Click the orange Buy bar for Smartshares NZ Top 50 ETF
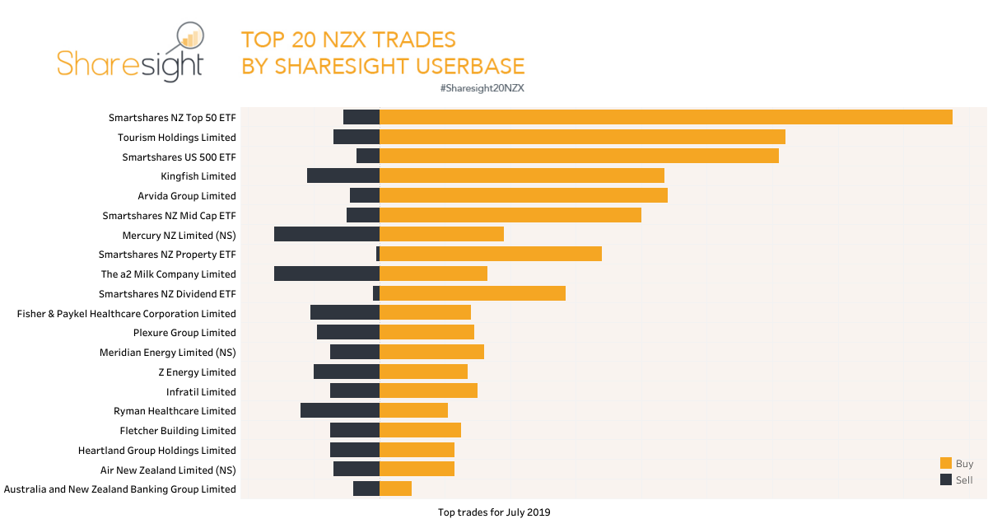coord(665,117)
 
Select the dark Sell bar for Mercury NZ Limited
coord(327,234)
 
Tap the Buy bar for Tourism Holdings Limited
coord(582,137)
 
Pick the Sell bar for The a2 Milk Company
coord(327,274)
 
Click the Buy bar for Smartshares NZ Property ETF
coord(491,254)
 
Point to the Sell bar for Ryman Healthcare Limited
coord(340,410)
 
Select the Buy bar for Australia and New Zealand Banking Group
coord(395,489)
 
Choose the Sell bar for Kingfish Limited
coord(343,175)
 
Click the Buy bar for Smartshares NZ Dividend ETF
coord(473,293)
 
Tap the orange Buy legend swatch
coord(945,464)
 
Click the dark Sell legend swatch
coord(945,479)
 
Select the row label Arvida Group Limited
coord(187,196)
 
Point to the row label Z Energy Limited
coord(197,372)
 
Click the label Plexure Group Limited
coord(184,333)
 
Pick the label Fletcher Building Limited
coord(178,431)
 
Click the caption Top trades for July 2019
coord(494,512)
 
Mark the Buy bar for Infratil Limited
coord(428,390)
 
